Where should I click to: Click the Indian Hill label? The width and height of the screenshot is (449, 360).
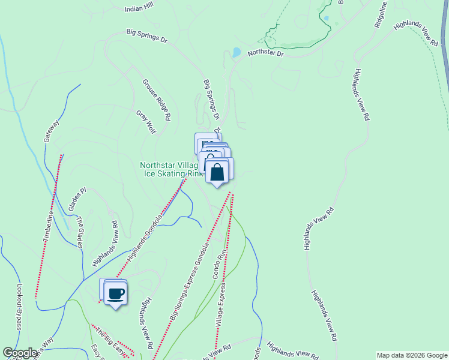coord(139,10)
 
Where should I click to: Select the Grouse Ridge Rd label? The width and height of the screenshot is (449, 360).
coord(157,99)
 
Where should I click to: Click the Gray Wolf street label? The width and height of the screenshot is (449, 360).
coord(145,122)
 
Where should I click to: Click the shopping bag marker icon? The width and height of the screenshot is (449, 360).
coord(217,171)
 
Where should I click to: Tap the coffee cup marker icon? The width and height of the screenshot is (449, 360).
coord(115,294)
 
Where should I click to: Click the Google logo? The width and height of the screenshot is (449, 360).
coord(20,353)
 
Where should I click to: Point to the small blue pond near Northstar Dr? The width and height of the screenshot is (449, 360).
coord(236,52)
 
